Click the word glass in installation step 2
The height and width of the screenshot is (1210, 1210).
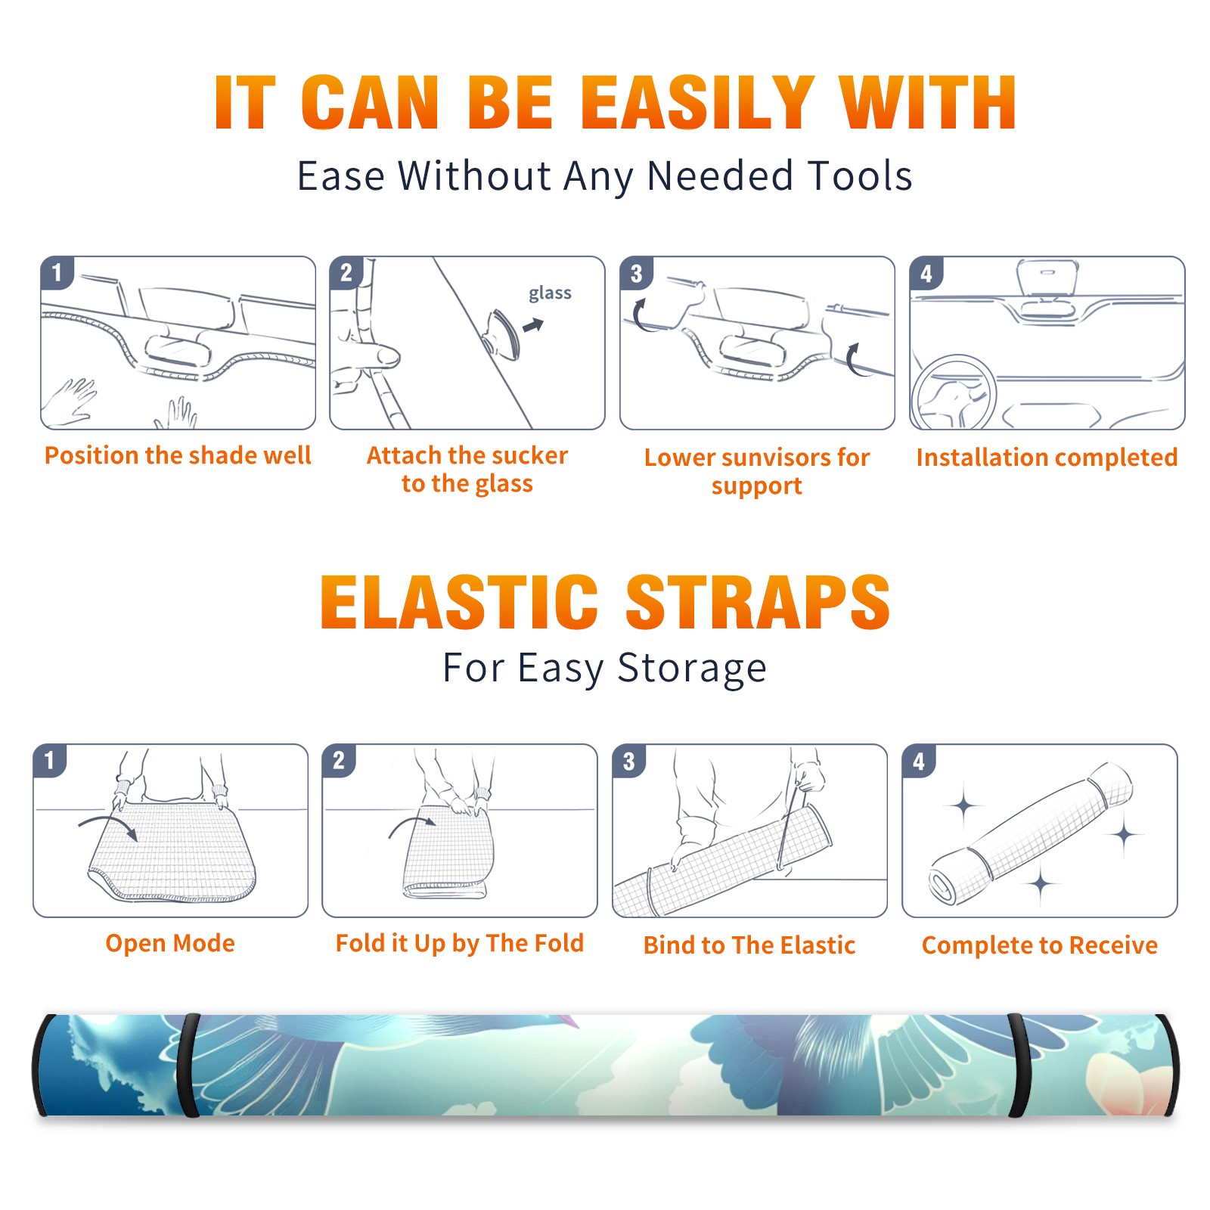[x=550, y=293]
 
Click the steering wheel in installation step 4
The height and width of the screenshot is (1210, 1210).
[x=953, y=392]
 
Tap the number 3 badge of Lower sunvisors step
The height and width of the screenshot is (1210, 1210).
[x=636, y=273]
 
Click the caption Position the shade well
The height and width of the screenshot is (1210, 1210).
[x=178, y=455]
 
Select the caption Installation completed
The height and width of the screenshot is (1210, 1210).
[x=1047, y=457]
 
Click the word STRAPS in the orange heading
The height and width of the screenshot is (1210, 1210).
[x=758, y=602]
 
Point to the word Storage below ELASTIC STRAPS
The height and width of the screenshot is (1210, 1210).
[x=692, y=669]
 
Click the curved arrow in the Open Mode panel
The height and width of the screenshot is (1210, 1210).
[x=108, y=825]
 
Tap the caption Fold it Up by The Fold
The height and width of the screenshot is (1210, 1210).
[x=460, y=943]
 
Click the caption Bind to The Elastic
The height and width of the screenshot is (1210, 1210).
[x=749, y=945]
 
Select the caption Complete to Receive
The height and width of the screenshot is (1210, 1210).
[x=1040, y=945]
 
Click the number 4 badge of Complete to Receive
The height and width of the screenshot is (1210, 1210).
[x=919, y=761]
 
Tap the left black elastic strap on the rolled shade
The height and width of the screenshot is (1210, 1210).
[x=189, y=1065]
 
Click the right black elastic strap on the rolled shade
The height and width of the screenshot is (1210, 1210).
[x=1019, y=1065]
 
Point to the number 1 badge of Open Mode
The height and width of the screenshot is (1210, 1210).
[x=50, y=760]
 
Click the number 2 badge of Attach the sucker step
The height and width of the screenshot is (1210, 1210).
[x=346, y=272]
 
